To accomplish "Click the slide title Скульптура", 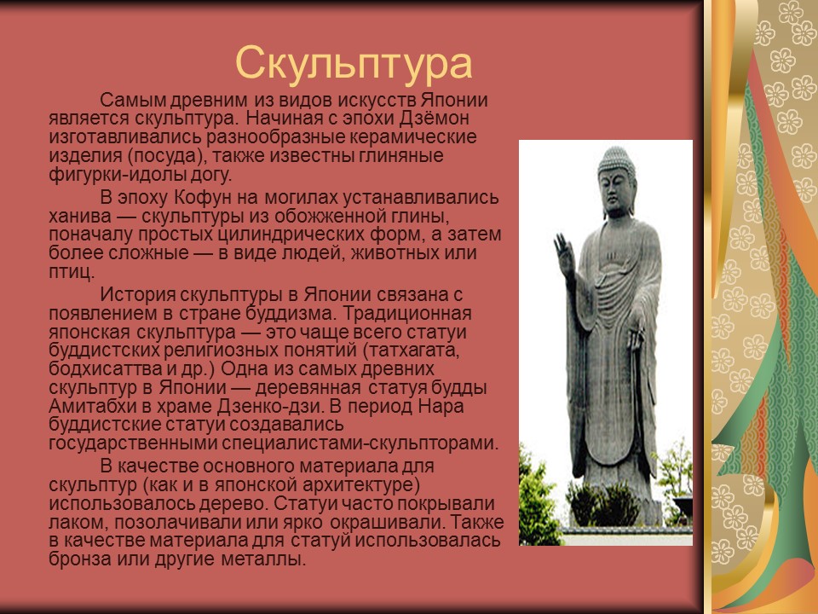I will coord(353,62).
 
